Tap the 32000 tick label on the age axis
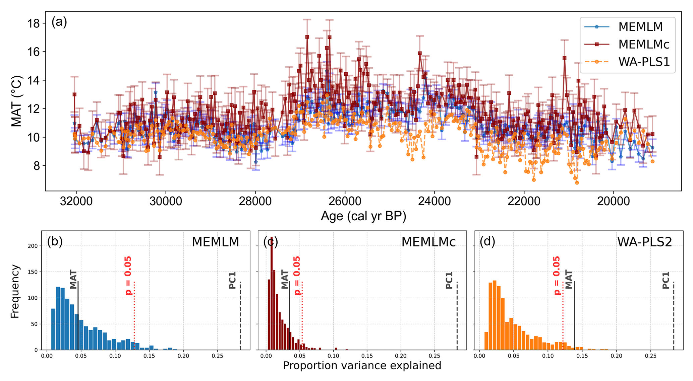76,202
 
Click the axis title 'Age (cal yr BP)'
363,216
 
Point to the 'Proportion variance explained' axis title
362,366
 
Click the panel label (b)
55,241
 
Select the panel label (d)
487,241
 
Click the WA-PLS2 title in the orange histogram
644,242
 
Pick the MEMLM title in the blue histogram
215,242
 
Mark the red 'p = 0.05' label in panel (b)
128,275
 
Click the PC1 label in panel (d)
666,281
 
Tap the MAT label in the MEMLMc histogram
285,279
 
